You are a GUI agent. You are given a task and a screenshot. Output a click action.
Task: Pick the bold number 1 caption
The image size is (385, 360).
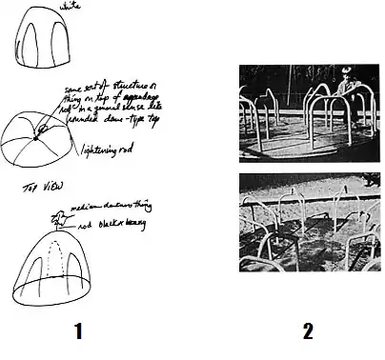click(x=79, y=332)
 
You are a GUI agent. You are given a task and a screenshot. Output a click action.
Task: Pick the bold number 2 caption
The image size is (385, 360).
click(x=307, y=332)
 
